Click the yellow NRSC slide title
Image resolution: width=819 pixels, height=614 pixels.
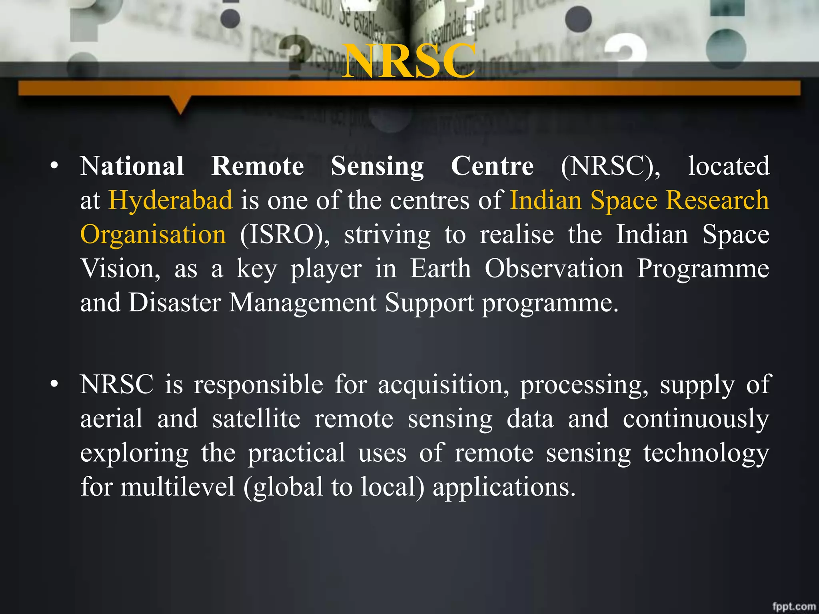[409, 61]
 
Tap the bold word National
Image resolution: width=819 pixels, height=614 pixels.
[132, 166]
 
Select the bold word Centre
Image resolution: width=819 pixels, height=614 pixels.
[492, 166]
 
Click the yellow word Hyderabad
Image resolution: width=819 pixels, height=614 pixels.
[170, 200]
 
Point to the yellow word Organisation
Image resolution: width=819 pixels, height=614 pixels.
[153, 234]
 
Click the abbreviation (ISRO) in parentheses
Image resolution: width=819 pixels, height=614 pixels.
[285, 234]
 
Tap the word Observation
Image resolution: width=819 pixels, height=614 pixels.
[554, 268]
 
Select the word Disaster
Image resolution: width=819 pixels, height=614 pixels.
[174, 303]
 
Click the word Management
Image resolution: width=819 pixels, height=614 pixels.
[303, 303]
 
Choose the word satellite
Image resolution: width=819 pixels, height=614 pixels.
[256, 419]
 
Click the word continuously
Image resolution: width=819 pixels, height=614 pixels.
[696, 419]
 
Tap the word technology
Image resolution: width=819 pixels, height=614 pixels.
[706, 453]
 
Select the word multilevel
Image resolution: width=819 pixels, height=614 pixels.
[178, 487]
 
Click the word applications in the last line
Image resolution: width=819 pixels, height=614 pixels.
[504, 488]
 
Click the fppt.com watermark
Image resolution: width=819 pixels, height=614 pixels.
[794, 606]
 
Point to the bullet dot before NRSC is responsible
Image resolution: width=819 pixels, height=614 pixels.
[55, 384]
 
